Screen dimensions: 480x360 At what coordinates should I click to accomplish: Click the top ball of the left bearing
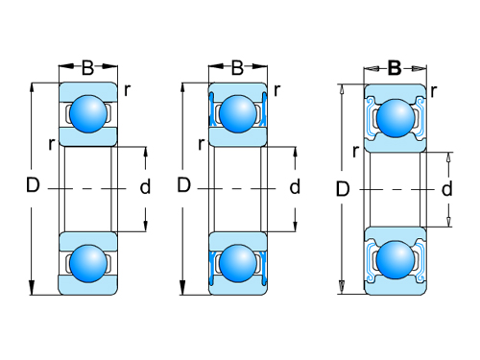tap(88, 113)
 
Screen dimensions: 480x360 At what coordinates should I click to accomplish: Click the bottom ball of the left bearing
tap(88, 263)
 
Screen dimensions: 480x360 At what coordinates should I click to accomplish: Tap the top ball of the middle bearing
tap(236, 113)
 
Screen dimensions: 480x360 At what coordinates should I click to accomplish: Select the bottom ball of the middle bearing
tap(236, 263)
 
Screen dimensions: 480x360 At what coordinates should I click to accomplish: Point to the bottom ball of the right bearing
tap(394, 260)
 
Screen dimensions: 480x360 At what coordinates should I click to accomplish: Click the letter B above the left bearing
tap(87, 68)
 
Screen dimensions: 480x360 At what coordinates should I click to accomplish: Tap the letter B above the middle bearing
tap(237, 68)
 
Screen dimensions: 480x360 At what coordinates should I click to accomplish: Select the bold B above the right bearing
tap(395, 68)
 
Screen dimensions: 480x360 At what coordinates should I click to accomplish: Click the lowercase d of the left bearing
tap(145, 187)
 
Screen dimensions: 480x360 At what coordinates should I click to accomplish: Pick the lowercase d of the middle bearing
tap(295, 187)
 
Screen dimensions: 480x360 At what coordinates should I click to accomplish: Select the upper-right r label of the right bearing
tap(435, 91)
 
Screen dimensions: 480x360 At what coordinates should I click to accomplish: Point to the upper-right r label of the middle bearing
tap(276, 91)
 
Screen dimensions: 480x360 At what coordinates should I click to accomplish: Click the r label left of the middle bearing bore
tap(201, 144)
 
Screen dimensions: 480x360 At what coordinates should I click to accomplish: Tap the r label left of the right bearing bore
tap(356, 151)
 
